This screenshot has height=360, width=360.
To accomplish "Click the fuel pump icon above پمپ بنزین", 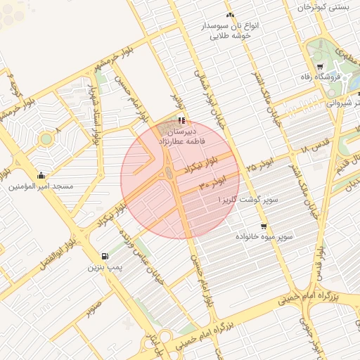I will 105,256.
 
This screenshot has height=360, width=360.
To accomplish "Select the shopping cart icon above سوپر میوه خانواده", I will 264,226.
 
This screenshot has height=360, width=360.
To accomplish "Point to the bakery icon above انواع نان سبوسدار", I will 230,15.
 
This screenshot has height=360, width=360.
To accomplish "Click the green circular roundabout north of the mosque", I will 46,139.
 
